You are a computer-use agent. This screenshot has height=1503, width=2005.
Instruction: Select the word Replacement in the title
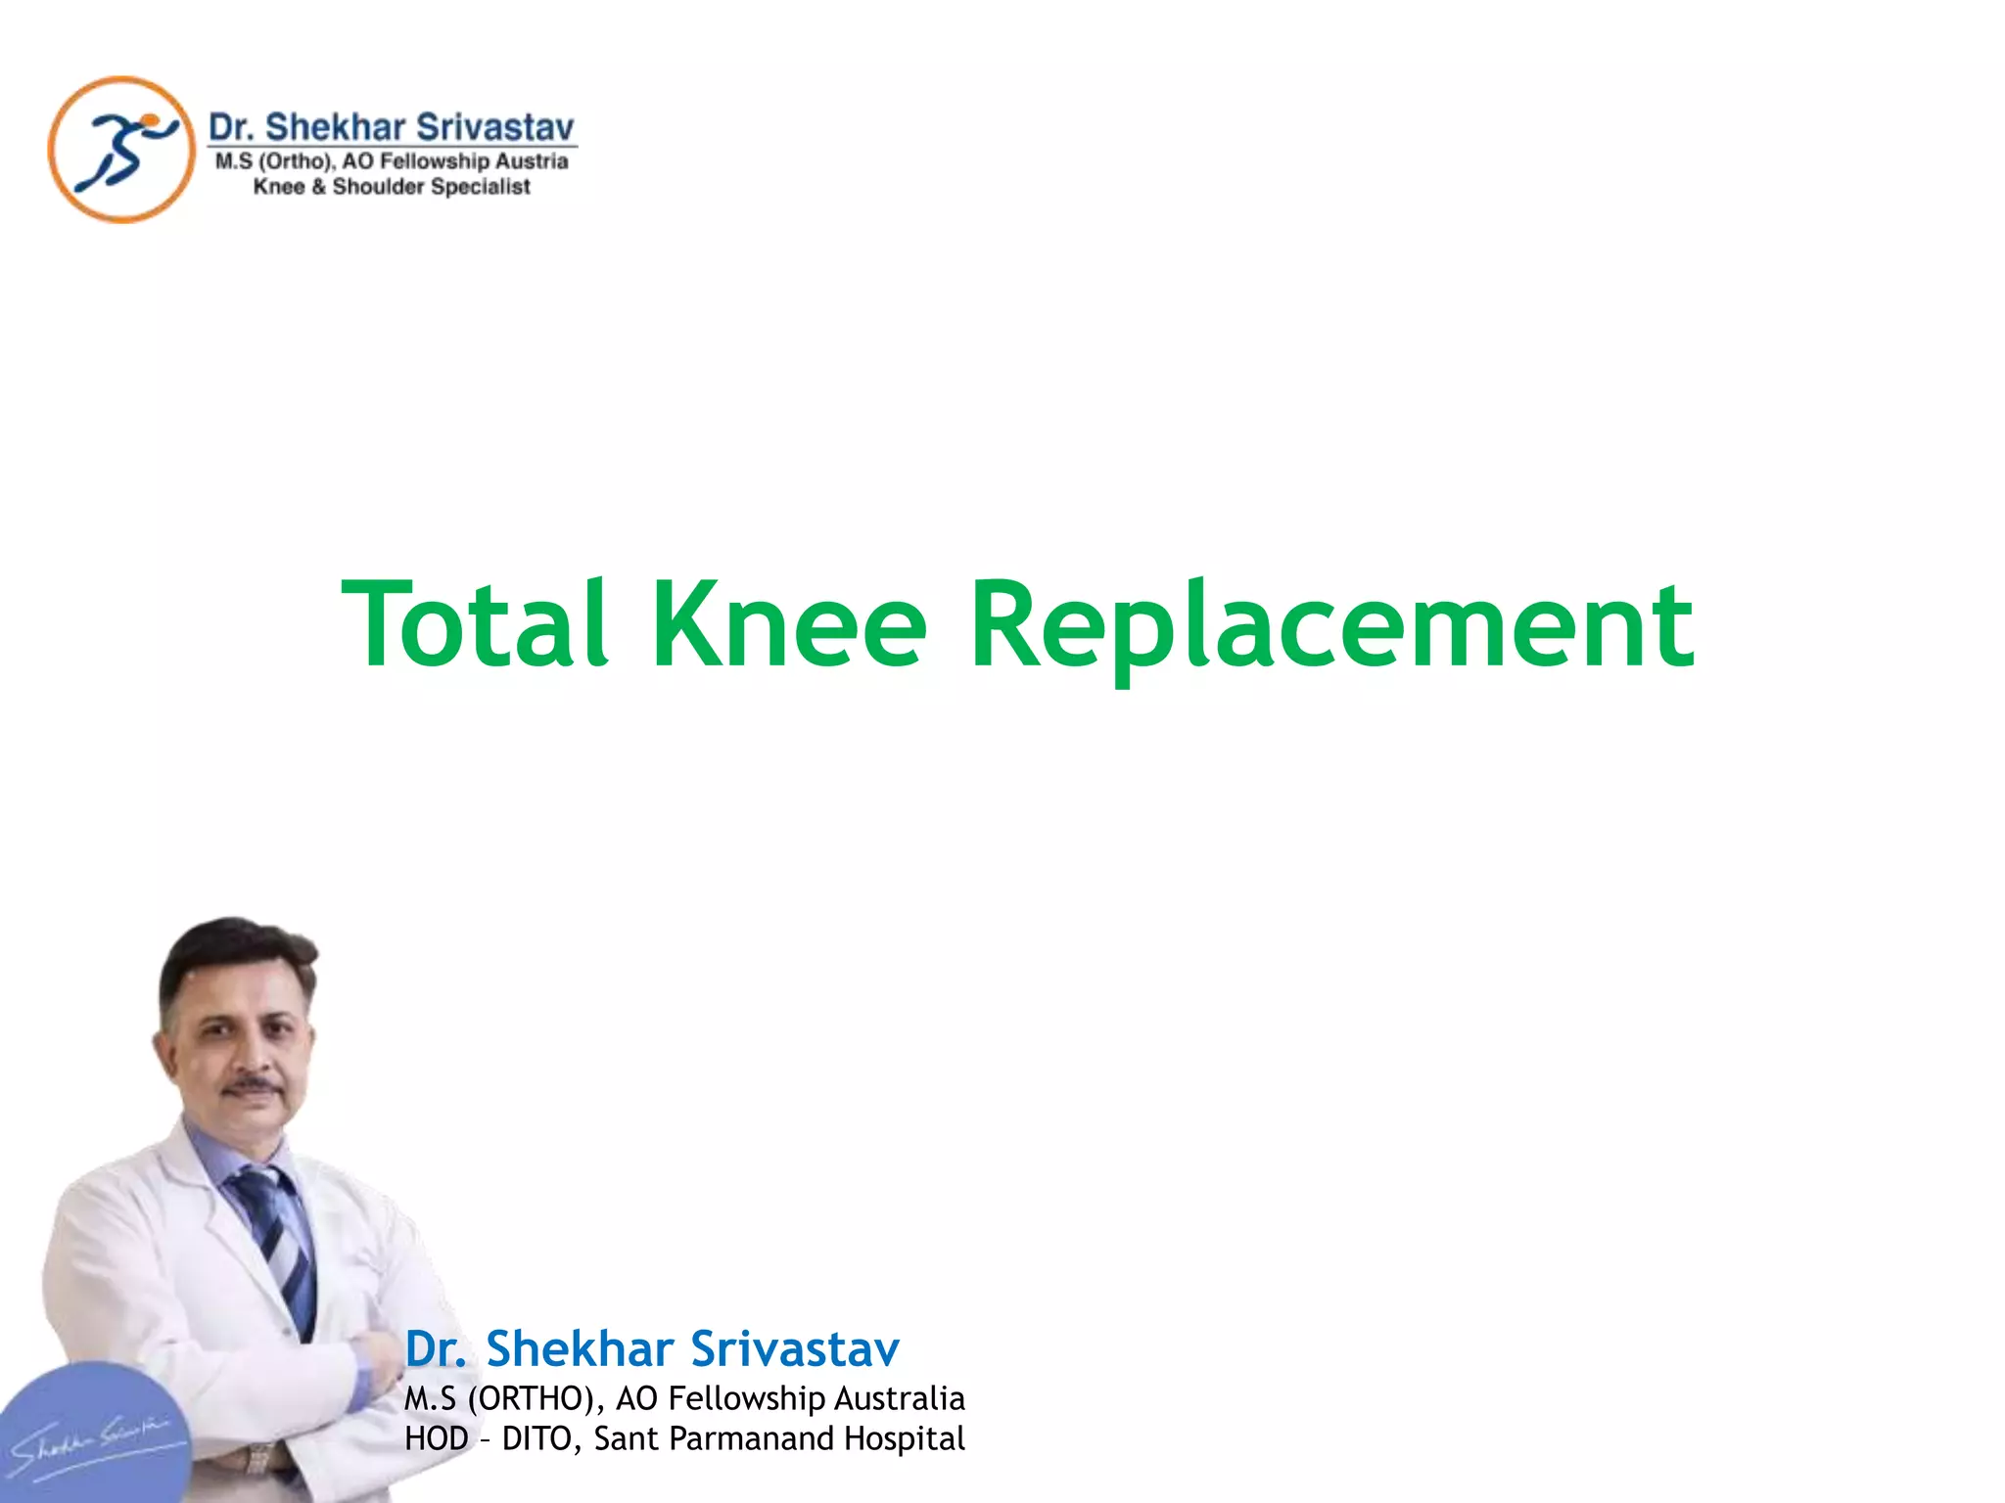[x=1331, y=626]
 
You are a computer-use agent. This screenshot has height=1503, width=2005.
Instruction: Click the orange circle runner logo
[x=121, y=150]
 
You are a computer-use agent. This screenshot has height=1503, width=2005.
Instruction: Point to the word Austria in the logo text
[x=532, y=161]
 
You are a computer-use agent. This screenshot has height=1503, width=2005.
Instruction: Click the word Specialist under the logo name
[x=481, y=187]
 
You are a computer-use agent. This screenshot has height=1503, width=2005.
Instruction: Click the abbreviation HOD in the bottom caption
[x=437, y=1438]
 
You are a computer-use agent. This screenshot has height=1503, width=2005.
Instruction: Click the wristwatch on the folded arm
[x=259, y=1458]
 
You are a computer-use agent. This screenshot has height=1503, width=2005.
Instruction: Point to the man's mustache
[x=253, y=1085]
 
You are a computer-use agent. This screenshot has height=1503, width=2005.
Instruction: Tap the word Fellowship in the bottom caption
[x=744, y=1398]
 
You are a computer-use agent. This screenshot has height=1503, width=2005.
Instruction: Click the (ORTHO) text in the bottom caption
[x=531, y=1398]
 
